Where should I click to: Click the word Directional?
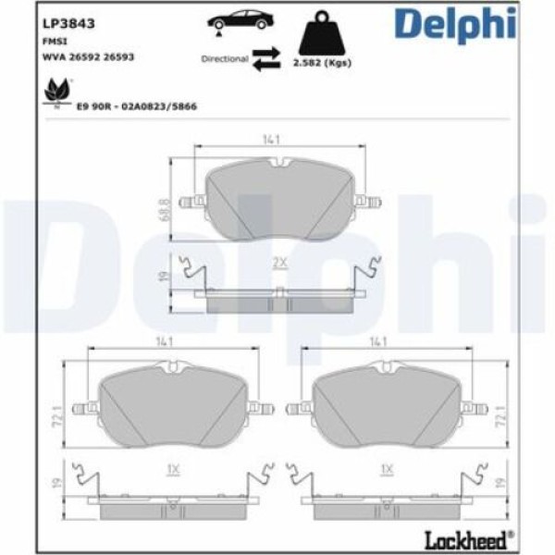coord(224,58)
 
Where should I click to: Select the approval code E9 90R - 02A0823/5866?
coord(136,106)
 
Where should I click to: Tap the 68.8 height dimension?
coord(164,201)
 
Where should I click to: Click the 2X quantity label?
coord(277,263)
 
